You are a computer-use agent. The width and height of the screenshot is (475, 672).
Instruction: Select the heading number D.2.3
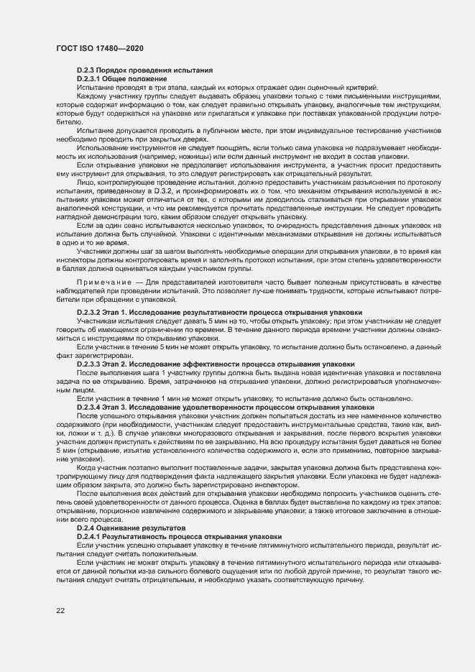pos(87,70)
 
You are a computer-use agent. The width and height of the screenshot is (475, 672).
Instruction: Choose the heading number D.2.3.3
pos(91,364)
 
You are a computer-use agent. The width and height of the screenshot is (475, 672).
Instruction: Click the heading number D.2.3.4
pos(91,408)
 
